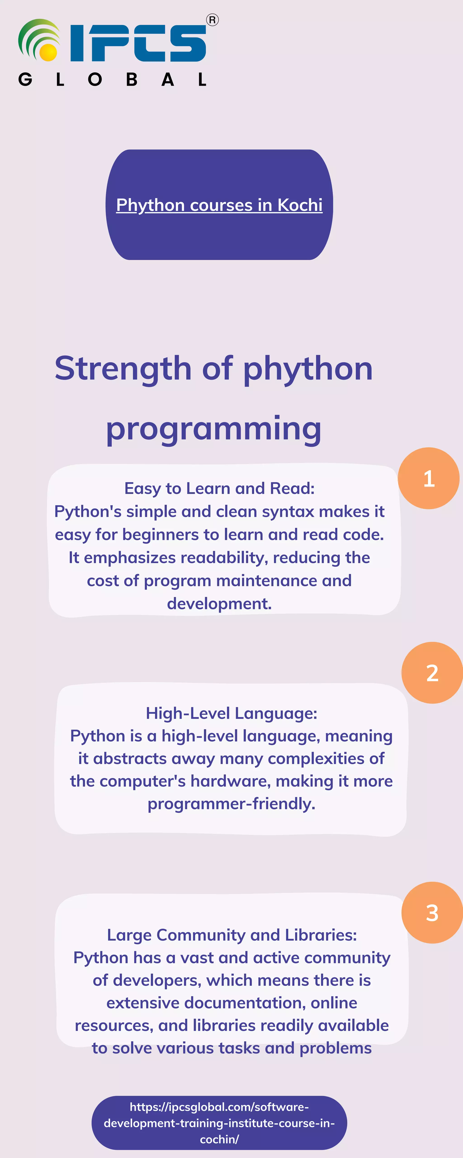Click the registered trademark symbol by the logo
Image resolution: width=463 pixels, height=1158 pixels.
[x=212, y=20]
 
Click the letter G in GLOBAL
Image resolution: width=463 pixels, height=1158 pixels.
[x=25, y=80]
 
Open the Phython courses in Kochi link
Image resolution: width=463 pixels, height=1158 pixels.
[x=219, y=205]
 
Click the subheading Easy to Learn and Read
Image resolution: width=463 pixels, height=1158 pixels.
[x=219, y=488]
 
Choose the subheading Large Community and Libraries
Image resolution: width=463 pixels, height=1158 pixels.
[x=231, y=935]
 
